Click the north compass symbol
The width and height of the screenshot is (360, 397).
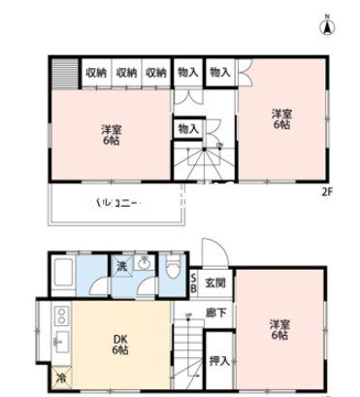[x=327, y=25]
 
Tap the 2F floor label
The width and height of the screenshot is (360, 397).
[x=328, y=189]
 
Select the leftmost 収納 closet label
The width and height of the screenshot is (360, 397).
[x=96, y=73]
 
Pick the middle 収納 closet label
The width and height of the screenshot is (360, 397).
[x=126, y=73]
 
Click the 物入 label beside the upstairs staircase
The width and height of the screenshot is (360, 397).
[x=187, y=128]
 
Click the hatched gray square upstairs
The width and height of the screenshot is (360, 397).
[x=66, y=74]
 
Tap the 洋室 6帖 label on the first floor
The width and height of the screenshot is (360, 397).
[x=278, y=330]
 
